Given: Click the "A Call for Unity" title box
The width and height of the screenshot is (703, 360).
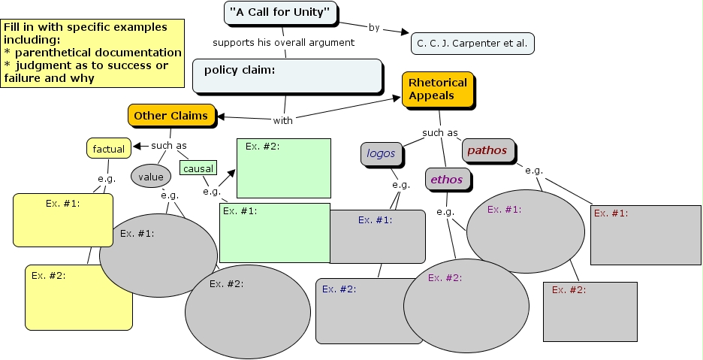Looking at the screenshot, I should click(279, 12).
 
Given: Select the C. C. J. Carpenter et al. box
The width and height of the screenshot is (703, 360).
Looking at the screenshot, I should click(472, 44).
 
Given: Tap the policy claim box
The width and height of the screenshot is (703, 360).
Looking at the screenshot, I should click(287, 75).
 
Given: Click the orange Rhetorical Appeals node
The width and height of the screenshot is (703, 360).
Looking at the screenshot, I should click(438, 89).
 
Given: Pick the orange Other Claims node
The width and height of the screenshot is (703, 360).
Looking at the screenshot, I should click(171, 116).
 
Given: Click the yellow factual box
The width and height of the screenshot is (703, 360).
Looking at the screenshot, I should click(109, 149).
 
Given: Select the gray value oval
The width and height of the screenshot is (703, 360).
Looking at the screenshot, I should click(151, 177).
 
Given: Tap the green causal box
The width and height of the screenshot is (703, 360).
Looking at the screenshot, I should click(198, 169).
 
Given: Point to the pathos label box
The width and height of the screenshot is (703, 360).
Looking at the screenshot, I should click(488, 150).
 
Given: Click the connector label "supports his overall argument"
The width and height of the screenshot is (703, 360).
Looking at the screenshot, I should click(283, 42).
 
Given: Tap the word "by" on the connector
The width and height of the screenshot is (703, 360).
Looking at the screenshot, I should click(374, 28).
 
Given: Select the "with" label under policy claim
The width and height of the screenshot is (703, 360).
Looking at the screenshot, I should click(283, 119).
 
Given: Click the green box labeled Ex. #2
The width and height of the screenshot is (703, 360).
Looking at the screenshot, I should click(284, 168).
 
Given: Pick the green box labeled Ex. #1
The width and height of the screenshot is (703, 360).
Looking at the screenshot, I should click(275, 232).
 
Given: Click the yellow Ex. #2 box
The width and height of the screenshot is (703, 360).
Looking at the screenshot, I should click(78, 298).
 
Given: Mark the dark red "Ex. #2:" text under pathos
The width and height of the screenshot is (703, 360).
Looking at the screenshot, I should click(569, 290).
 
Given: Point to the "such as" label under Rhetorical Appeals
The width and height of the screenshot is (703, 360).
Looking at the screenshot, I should click(440, 133).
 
